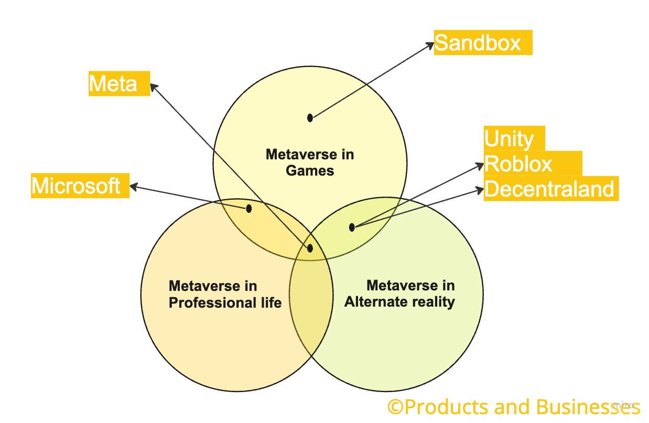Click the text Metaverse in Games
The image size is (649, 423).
point(310,162)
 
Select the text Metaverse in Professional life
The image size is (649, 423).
point(225,294)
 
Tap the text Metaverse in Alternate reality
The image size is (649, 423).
point(399,294)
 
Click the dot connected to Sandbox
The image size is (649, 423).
point(310,117)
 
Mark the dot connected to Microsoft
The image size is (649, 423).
point(249,209)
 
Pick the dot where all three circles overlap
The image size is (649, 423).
point(310,248)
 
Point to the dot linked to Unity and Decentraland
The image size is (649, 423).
point(352,227)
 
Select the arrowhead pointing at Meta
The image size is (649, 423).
point(154,86)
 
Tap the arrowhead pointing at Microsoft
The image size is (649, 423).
point(133,186)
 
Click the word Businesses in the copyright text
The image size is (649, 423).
point(587,407)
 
